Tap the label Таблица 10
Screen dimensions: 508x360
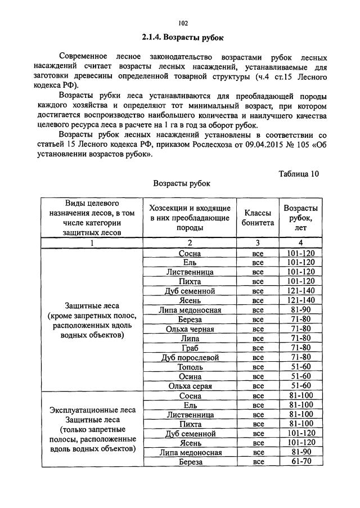(299, 174)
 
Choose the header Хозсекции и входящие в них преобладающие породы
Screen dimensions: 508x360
(190, 218)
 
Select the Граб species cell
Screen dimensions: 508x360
(190, 348)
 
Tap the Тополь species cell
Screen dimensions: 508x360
(190, 367)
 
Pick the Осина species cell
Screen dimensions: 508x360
(190, 376)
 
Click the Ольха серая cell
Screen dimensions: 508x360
(190, 386)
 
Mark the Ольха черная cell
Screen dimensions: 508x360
(190, 329)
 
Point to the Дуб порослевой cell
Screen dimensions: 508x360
(190, 357)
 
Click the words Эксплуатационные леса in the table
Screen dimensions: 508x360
(91, 410)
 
